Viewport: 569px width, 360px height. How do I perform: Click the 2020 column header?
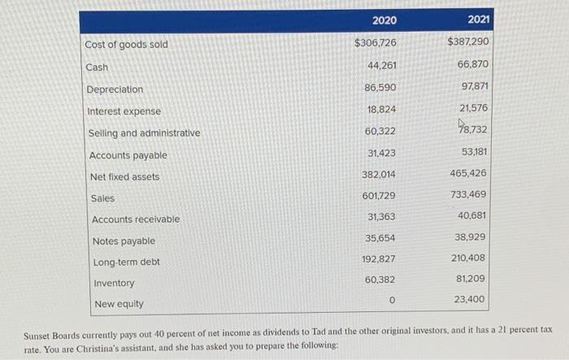384,20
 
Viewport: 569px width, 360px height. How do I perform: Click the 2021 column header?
480,20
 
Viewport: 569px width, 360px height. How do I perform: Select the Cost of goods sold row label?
126,44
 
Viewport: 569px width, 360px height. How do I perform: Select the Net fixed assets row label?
125,176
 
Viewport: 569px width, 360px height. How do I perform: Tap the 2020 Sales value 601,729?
379,196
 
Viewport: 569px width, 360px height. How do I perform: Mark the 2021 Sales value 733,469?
469,194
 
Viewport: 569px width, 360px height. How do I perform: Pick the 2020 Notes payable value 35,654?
382,239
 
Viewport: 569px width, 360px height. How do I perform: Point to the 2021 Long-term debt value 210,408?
469,258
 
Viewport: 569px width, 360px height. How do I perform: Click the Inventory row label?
114,283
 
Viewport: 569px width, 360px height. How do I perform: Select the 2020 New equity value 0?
392,300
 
